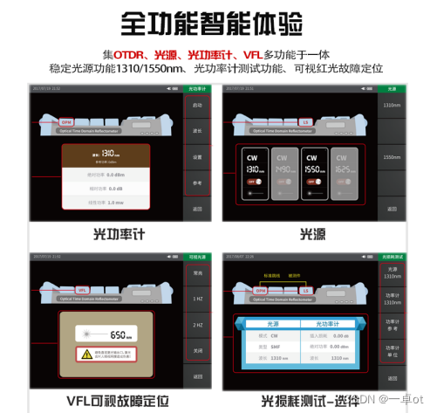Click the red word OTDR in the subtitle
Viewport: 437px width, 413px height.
(130, 54)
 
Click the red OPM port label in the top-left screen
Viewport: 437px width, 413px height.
(66, 121)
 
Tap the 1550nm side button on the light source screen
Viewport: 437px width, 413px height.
(392, 158)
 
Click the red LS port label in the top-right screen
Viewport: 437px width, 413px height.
(305, 121)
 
